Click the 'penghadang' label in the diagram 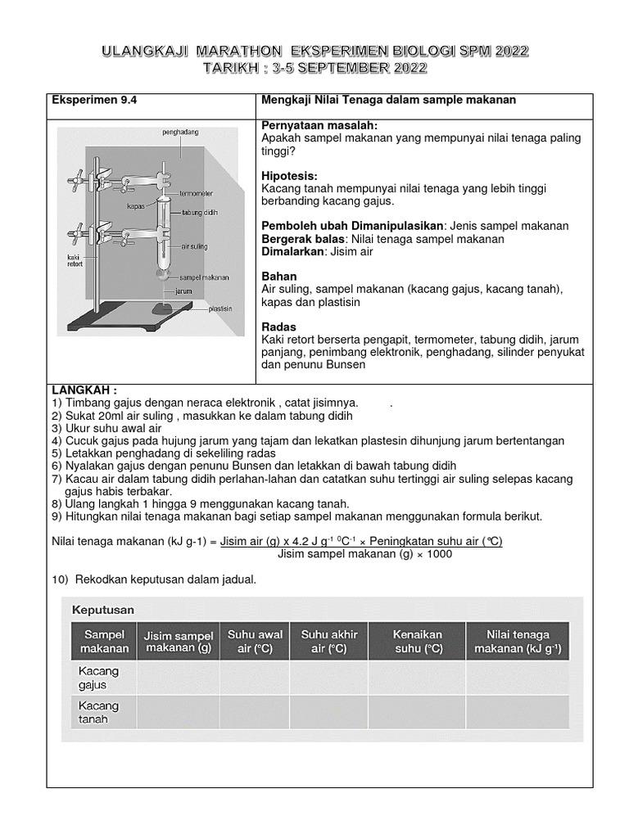(181, 132)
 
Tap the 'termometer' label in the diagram (197, 194)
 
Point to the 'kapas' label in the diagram (135, 207)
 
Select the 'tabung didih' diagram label (200, 210)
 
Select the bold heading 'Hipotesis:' (289, 176)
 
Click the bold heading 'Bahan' (278, 277)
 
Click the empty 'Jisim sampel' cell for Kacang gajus (178, 678)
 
